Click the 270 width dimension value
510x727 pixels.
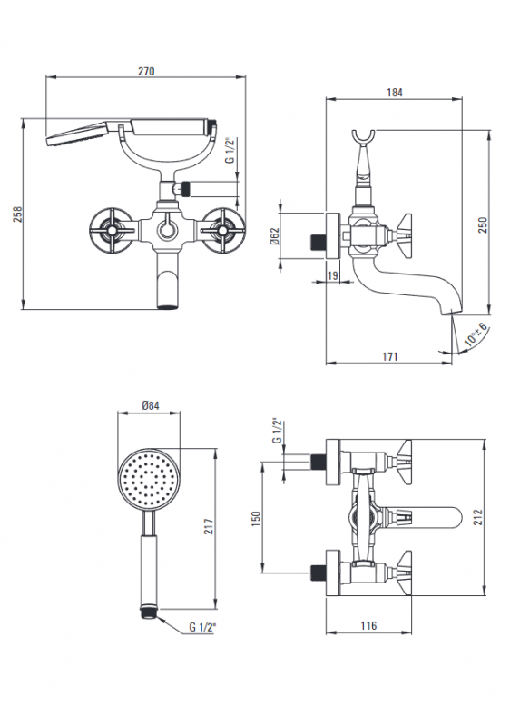click(146, 72)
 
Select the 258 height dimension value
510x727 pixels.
click(17, 214)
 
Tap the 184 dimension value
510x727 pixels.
click(395, 93)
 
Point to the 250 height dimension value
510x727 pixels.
click(483, 224)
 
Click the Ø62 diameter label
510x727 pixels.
click(273, 237)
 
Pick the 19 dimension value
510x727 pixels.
click(332, 275)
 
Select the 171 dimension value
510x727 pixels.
click(389, 356)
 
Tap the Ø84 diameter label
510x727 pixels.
click(150, 405)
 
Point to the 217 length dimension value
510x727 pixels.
click(209, 527)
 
